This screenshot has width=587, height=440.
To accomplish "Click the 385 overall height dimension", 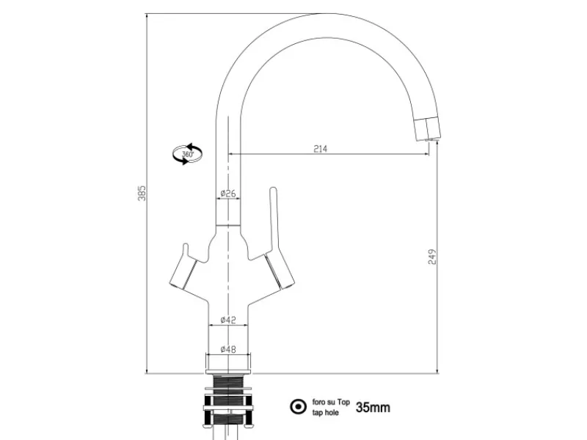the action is (x=142, y=193).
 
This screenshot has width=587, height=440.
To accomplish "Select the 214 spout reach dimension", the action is (x=321, y=149).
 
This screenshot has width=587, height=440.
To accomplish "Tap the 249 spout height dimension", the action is (x=432, y=257).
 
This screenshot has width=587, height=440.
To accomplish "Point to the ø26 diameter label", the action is (x=228, y=194).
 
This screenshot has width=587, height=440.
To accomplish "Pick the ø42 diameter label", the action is (x=228, y=320).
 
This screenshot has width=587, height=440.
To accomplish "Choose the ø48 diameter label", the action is (x=228, y=349).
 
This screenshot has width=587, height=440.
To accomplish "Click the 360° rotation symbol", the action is (x=188, y=154).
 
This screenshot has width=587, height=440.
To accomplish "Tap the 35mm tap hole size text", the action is (x=373, y=407).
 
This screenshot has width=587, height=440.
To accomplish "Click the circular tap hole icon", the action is (x=299, y=407).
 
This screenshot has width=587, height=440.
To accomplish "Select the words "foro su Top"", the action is (x=331, y=402).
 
